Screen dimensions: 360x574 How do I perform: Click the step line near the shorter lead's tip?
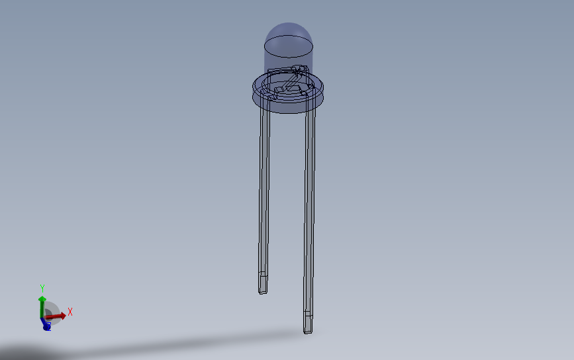tap(263, 273)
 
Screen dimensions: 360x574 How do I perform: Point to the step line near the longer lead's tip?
tap(307, 312)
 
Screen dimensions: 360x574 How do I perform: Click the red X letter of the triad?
tap(70, 311)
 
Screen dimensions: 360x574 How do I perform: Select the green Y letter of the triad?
tap(42, 289)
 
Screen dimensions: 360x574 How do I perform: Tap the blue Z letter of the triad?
tap(46, 326)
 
